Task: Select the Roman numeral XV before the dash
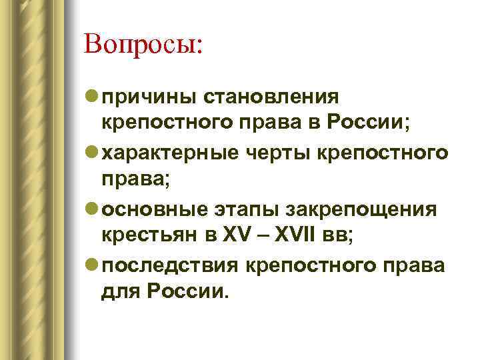tap(238, 235)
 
